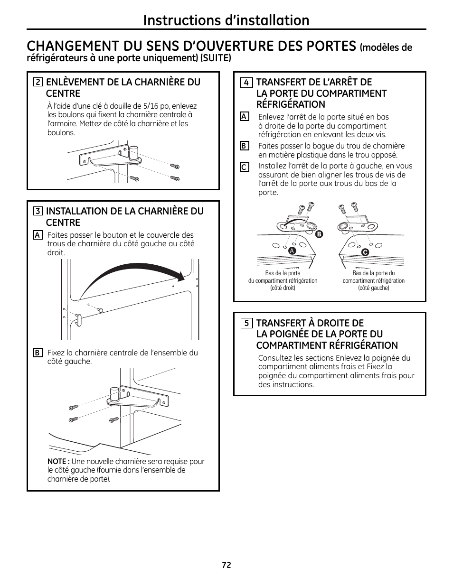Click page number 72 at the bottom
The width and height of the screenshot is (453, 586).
[x=226, y=565]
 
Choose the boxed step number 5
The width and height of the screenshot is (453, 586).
[x=246, y=324]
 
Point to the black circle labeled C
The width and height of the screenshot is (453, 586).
[x=365, y=252]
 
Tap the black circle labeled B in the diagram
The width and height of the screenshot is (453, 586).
[x=319, y=234]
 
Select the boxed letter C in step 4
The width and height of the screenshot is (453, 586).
[x=244, y=167]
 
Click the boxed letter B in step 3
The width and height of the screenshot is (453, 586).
[x=37, y=353]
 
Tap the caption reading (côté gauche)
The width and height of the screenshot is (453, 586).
[x=373, y=288]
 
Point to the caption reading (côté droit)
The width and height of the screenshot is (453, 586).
[x=283, y=288]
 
